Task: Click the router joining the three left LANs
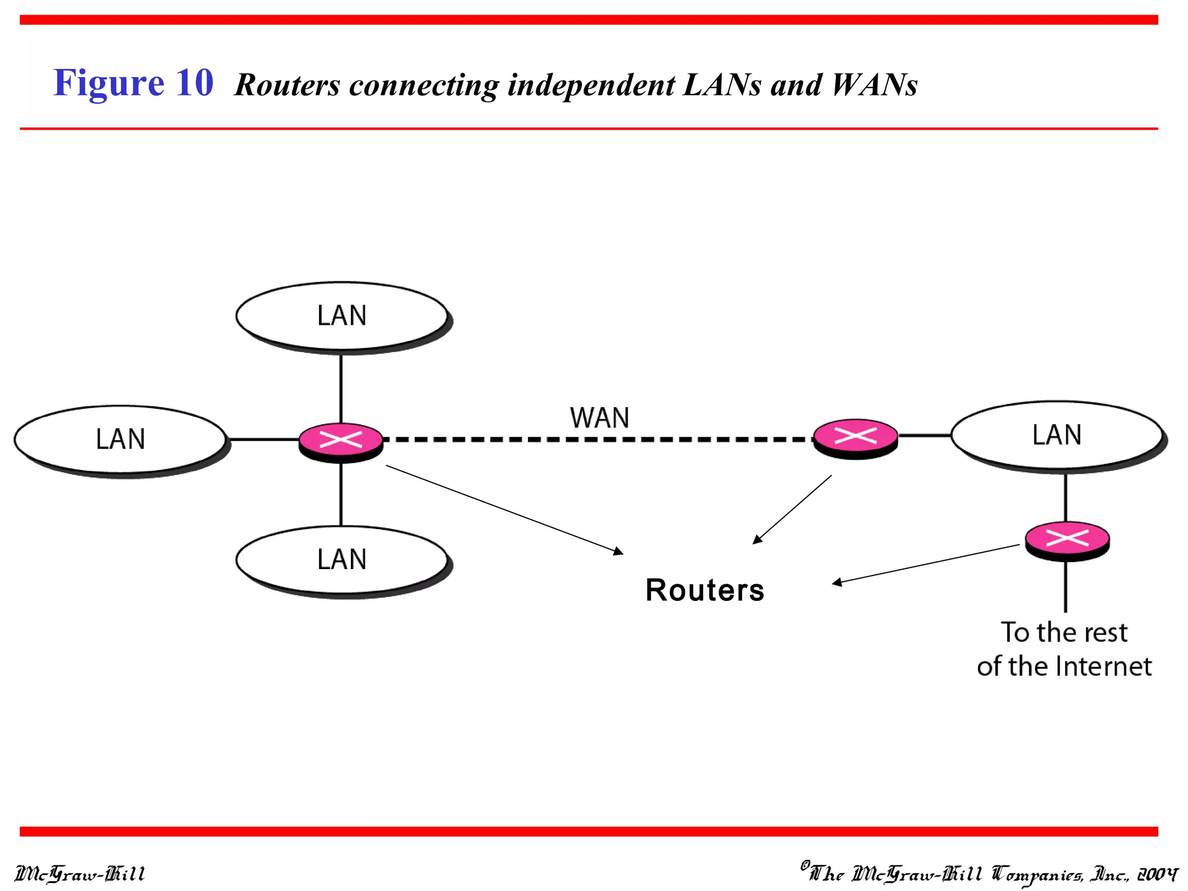coord(341,440)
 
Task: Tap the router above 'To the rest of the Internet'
coord(1067,539)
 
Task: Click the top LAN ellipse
coord(342,316)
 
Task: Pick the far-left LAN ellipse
coord(120,439)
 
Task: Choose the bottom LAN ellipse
coord(342,560)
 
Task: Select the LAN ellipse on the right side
coord(1056,435)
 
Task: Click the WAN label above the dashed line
coord(599,418)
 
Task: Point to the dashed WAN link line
coord(597,440)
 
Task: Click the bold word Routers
coord(704,591)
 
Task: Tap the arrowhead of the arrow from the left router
coord(619,551)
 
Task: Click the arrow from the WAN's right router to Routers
coord(792,509)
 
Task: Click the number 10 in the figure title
coord(194,82)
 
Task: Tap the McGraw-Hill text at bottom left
coord(79,874)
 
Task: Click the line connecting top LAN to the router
coord(341,389)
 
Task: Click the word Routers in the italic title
coord(287,85)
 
